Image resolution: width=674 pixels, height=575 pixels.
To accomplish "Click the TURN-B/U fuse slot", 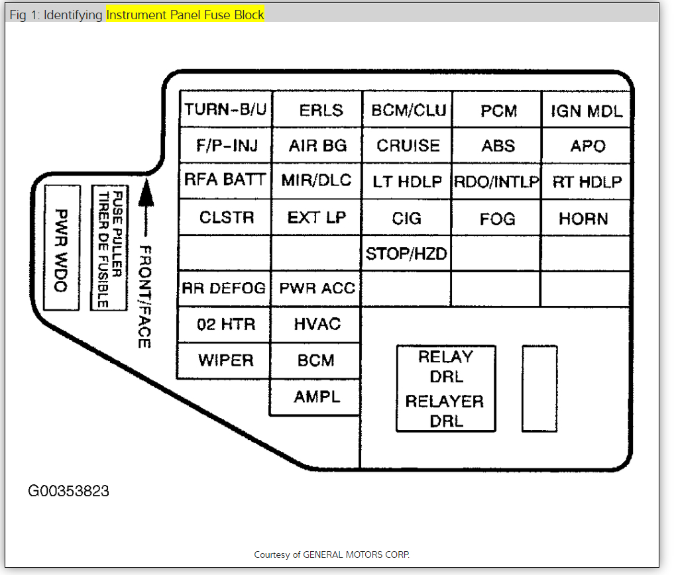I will [x=225, y=109].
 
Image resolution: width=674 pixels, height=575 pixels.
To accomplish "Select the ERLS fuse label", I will [x=317, y=109].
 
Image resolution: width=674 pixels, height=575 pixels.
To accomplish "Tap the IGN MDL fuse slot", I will [x=587, y=110].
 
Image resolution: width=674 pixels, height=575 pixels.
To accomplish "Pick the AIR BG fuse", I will [x=317, y=145].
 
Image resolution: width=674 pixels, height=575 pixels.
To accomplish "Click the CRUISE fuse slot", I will [x=408, y=145].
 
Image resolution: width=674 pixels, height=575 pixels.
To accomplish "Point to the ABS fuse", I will [x=498, y=145].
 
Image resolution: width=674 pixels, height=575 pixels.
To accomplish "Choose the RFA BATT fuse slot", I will [x=225, y=180].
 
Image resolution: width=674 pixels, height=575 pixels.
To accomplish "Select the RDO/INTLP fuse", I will [x=497, y=181].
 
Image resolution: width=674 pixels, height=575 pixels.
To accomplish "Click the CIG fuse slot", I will [x=406, y=217].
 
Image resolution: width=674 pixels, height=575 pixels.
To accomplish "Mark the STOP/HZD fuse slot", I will [x=406, y=253].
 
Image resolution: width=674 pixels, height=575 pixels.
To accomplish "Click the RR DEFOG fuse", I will [x=224, y=288].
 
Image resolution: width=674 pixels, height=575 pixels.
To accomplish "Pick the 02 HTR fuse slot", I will [x=225, y=325].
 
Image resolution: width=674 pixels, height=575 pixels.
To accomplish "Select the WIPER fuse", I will [x=225, y=361].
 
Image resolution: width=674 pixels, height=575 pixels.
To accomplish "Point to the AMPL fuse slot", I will [x=316, y=397].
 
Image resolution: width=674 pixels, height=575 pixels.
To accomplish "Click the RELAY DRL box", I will [x=445, y=388].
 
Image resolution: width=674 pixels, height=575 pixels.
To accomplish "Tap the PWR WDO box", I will [x=62, y=248].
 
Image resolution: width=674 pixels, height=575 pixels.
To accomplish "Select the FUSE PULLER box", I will [x=109, y=248].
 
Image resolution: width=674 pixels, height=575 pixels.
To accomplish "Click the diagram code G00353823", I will [x=68, y=492].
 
